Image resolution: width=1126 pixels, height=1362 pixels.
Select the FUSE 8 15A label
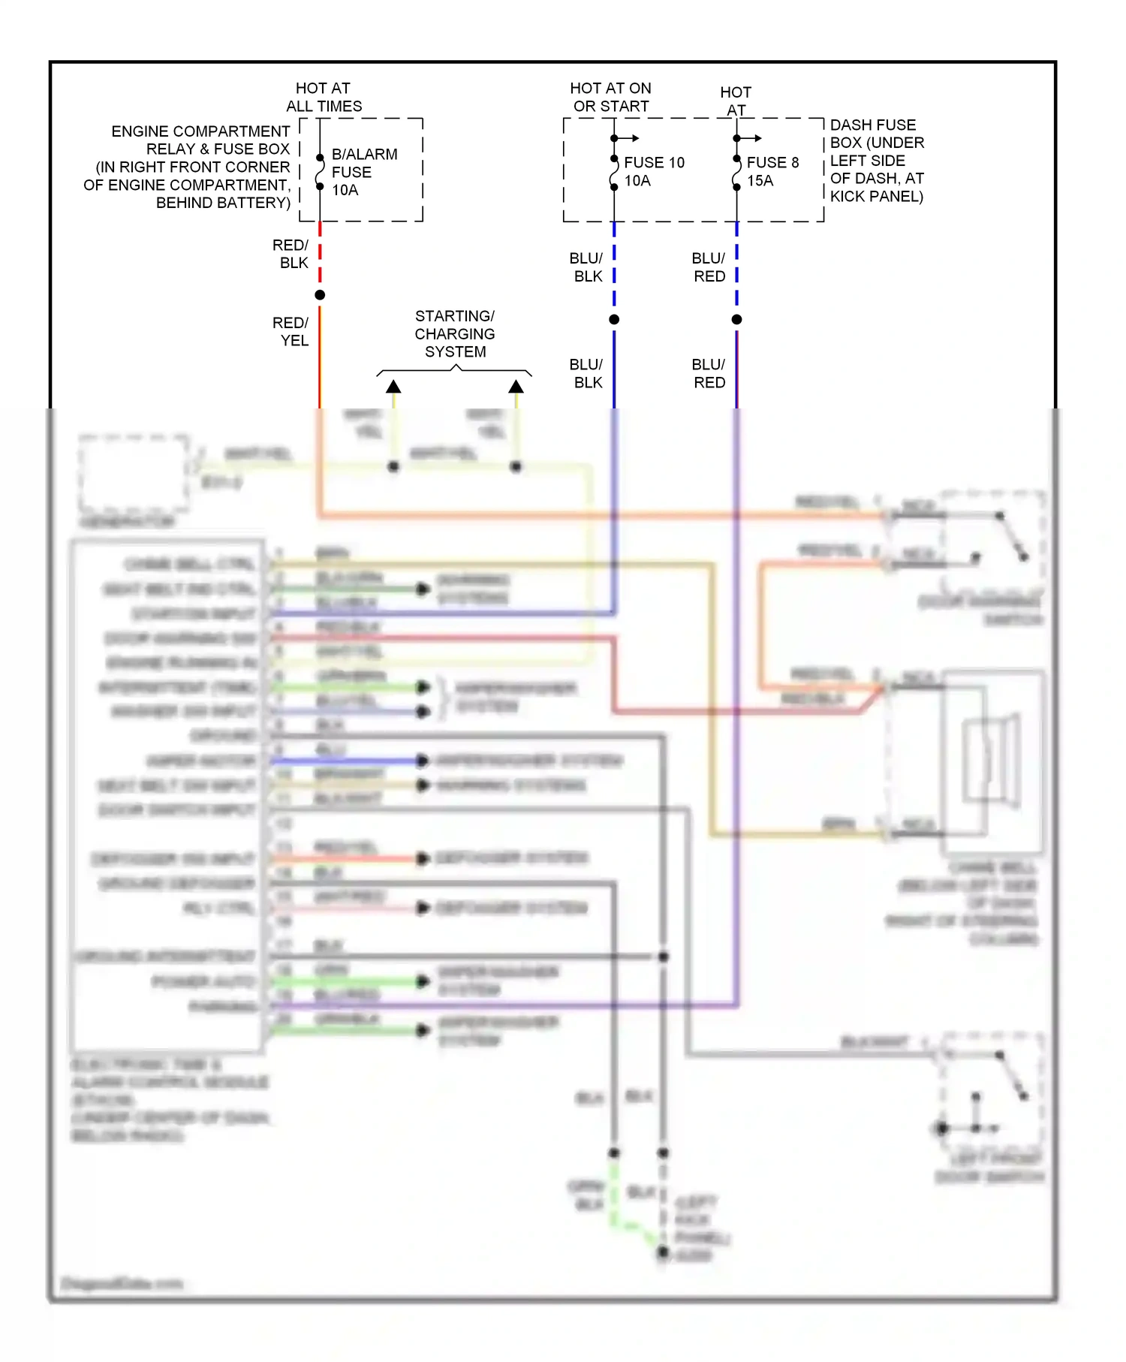coord(772,171)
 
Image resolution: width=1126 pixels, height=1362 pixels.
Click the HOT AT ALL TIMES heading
coord(324,98)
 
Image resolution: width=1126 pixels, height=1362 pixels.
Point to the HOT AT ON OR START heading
coord(610,98)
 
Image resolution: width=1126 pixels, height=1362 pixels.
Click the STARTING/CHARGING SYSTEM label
coord(454,333)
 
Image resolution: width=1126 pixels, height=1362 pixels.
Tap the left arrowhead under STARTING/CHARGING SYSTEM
coord(393,387)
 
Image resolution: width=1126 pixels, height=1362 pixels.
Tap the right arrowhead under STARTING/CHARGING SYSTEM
coord(516,387)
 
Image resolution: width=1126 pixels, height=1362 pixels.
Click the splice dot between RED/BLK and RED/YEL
coord(320,295)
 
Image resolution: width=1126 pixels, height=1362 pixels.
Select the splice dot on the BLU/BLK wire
coord(614,320)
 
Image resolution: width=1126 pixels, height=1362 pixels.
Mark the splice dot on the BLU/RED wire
coord(736,320)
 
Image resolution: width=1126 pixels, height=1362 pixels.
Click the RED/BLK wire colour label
coord(291,254)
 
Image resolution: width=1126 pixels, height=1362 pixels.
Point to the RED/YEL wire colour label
coord(291,331)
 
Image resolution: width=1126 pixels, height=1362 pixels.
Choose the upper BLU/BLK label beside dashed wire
coord(586,267)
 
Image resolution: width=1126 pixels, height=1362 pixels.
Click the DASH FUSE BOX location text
coord(876,161)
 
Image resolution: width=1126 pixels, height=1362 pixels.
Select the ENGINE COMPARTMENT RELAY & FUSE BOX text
coord(188,167)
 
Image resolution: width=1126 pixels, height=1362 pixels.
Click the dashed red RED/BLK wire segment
coord(320,255)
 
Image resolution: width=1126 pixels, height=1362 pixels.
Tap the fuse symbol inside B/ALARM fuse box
coord(320,172)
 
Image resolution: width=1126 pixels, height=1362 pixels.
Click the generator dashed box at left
coord(134,473)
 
